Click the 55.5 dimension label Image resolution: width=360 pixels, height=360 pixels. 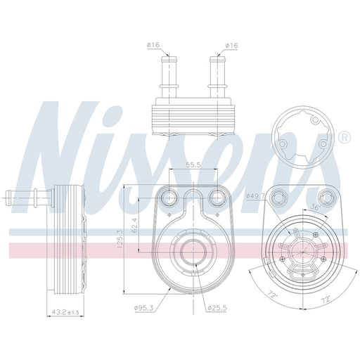[x=194, y=165]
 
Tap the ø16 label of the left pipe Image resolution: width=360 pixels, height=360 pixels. [x=155, y=46]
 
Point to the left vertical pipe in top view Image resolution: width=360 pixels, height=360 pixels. [x=170, y=74]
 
